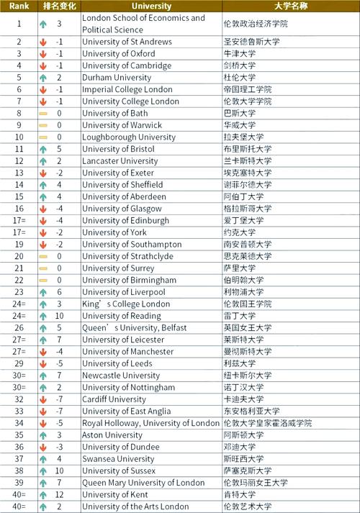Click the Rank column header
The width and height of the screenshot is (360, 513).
coord(19,6)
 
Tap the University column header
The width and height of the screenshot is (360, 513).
coord(152,6)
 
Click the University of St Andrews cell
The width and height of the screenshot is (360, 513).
coord(127,42)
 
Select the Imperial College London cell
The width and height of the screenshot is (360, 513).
coord(127,89)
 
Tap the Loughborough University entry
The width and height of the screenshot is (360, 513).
coord(128,137)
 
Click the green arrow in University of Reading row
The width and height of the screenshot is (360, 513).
coord(43,316)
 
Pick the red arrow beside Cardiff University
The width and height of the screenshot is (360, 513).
coord(43,399)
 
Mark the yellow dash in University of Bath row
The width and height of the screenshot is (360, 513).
coord(43,114)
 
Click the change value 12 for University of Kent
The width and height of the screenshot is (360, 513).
coord(59,494)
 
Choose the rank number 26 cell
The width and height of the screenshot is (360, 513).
coord(19,328)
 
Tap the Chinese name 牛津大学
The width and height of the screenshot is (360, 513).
coord(240,54)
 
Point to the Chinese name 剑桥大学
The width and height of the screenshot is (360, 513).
coord(240,65)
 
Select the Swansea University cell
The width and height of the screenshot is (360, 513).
coord(118,459)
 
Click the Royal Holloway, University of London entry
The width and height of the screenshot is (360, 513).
coord(150,423)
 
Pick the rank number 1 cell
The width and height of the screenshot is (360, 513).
coord(19,24)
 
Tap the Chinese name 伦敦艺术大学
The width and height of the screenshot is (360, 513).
coord(249,507)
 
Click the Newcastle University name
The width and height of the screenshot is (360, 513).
coord(121,376)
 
